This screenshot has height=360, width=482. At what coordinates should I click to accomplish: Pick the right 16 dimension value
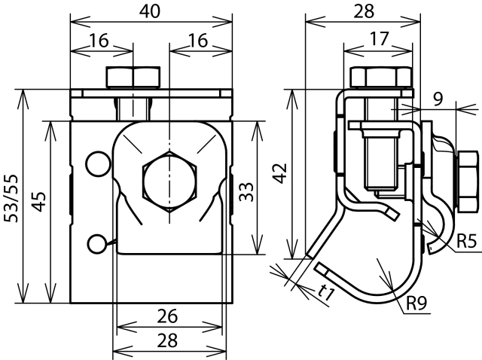pos(200,42)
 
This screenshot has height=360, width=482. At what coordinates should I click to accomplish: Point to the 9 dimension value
pos(438,97)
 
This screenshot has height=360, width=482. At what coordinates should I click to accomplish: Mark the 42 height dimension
pos(280,172)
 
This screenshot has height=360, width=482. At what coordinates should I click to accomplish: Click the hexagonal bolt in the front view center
pos(170,182)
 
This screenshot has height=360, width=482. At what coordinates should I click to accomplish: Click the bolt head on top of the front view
pos(133,78)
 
